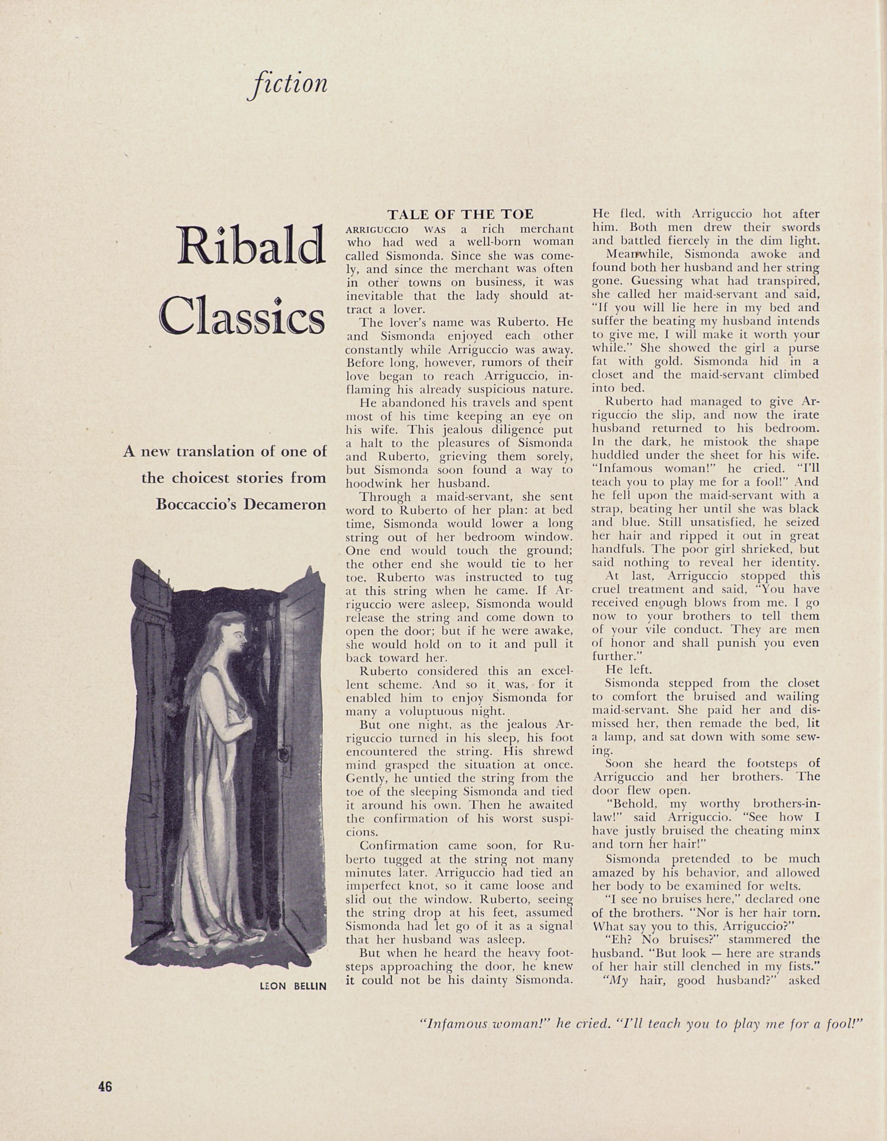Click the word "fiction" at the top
pos(288,84)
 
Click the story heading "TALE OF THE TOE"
pos(461,214)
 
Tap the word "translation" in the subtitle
pos(208,451)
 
